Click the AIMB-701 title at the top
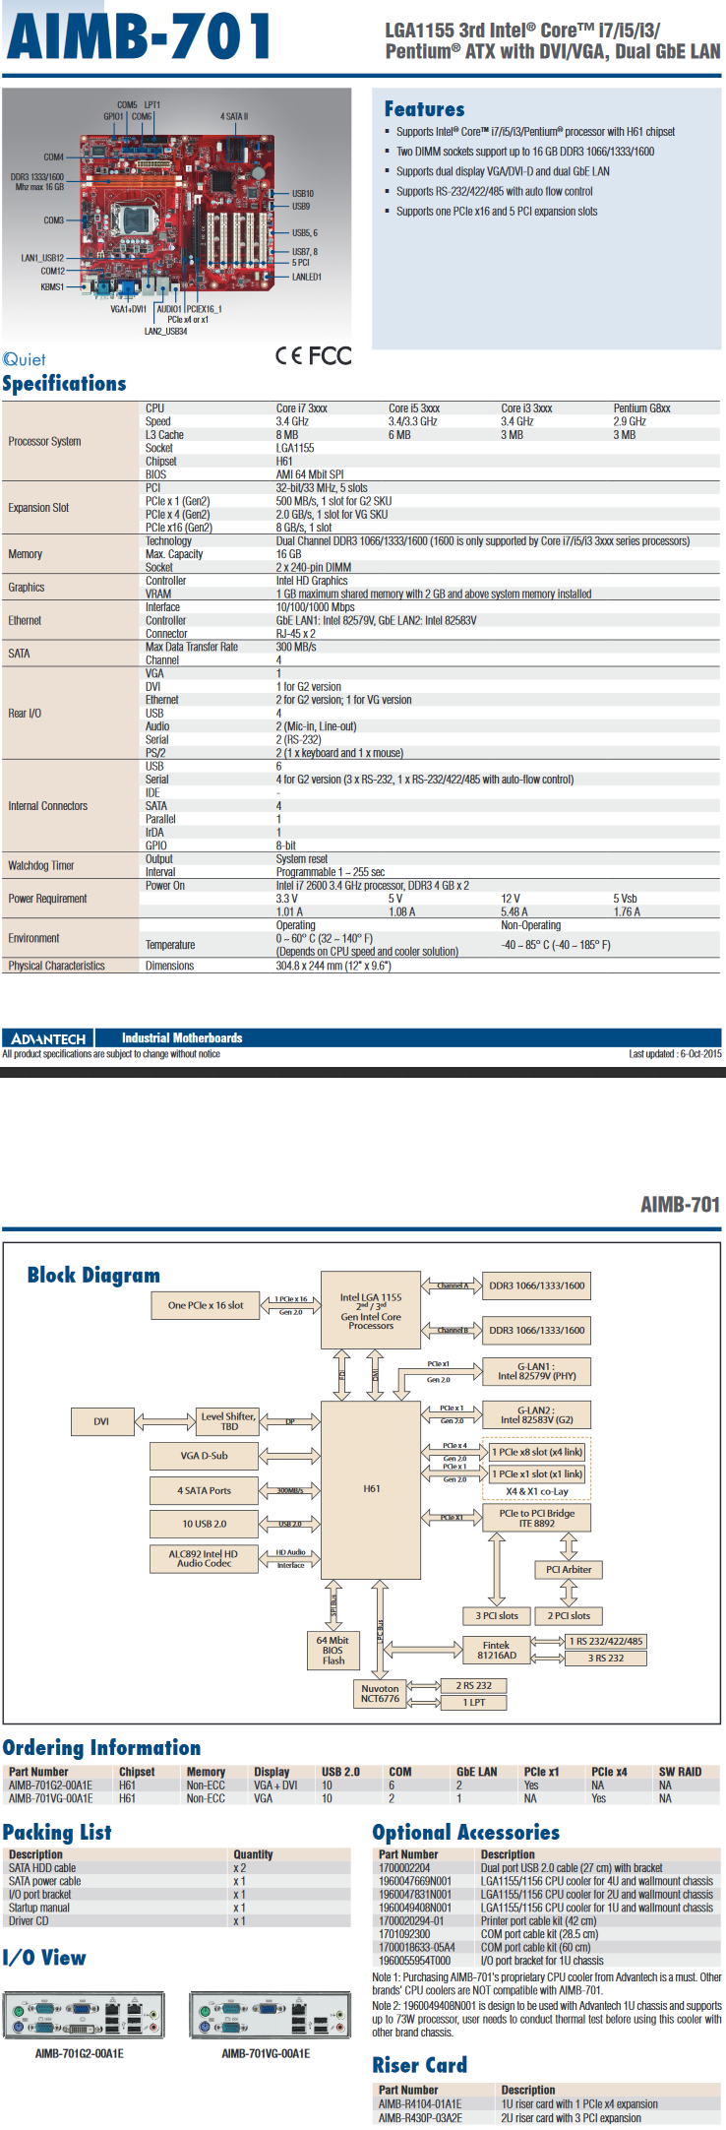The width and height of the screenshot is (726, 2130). point(139,36)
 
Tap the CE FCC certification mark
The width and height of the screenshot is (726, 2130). point(314,355)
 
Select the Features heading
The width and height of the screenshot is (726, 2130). point(424,109)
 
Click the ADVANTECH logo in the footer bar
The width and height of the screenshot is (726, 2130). point(48,1038)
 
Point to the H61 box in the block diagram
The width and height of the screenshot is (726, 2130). point(371,1488)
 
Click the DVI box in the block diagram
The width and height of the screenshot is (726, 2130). point(101,1421)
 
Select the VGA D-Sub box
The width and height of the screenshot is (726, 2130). point(204,1456)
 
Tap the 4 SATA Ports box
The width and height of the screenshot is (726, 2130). point(204,1490)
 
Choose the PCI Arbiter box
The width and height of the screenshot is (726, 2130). point(569,1569)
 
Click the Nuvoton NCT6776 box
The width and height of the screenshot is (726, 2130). point(380,1693)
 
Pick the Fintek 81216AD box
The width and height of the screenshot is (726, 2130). point(496,1650)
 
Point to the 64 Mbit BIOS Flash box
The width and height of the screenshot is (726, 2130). point(333,1651)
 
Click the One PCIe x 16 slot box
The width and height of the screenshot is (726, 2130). point(205,1305)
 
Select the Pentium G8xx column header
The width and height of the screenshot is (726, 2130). point(641,408)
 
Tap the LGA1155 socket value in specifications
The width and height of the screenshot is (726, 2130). point(295,448)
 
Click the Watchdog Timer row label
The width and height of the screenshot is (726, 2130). point(41,866)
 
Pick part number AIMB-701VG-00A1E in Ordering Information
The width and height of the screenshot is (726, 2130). point(51,1798)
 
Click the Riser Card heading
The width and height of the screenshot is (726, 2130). point(419,2065)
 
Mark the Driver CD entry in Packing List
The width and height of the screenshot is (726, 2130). point(29,1920)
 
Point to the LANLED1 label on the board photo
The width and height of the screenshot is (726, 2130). point(306,277)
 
